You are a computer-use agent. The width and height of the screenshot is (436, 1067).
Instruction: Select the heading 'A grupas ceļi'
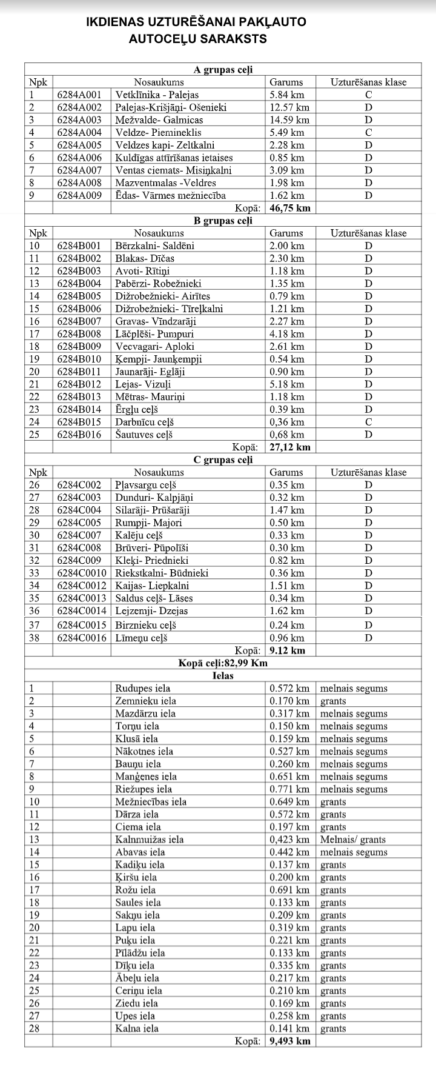tap(223, 70)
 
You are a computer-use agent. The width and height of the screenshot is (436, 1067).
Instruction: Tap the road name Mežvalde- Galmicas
tap(159, 120)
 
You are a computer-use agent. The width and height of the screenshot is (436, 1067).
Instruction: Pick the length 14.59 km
tap(289, 120)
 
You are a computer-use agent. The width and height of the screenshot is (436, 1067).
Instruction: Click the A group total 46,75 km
tap(290, 208)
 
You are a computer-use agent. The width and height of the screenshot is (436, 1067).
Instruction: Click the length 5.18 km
tap(287, 384)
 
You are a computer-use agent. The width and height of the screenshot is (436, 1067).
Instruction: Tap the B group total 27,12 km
tap(290, 447)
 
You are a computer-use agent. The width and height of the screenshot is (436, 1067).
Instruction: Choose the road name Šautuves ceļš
tap(144, 435)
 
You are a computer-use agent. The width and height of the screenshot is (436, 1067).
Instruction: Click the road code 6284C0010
tap(82, 574)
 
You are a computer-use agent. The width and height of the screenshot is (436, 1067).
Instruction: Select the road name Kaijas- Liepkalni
tap(152, 586)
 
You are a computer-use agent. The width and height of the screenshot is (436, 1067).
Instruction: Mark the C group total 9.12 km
tap(288, 651)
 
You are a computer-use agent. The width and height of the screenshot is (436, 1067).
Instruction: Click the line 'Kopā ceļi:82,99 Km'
tap(223, 663)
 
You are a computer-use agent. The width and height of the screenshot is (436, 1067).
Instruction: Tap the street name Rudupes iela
tap(143, 689)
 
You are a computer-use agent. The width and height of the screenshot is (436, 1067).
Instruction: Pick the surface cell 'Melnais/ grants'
tap(353, 840)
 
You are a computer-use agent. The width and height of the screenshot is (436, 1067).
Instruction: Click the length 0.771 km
tap(289, 789)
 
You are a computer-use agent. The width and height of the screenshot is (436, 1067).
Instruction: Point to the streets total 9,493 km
tap(290, 1042)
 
